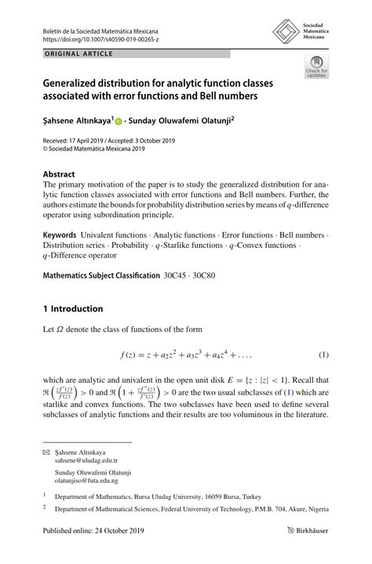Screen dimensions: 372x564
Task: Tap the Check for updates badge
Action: [x=317, y=68]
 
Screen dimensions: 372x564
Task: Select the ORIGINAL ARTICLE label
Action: [x=78, y=53]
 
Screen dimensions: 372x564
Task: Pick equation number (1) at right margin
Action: [x=323, y=354]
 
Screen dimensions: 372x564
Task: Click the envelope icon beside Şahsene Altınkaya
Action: [x=46, y=453]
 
